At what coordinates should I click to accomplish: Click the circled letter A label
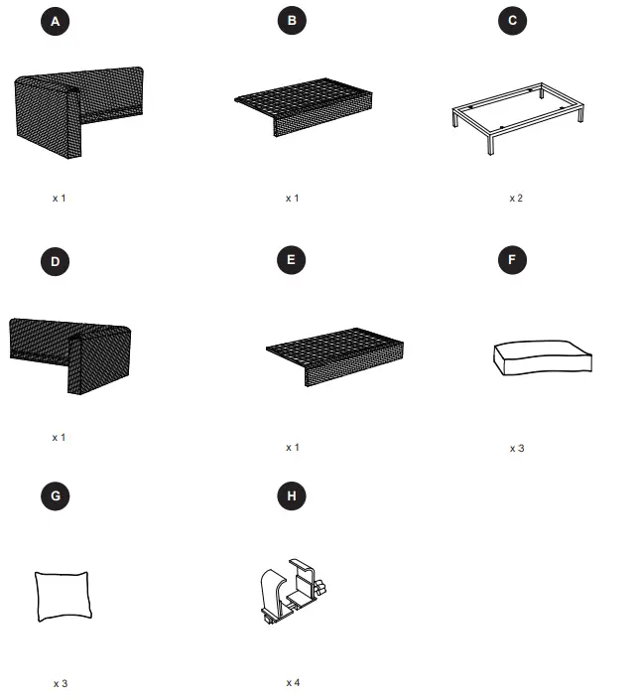click(56, 21)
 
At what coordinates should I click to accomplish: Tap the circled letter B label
click(292, 20)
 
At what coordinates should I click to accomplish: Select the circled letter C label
click(512, 20)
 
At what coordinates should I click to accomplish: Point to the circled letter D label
click(56, 261)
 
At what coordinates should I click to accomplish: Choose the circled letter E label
click(292, 260)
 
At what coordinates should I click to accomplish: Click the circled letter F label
click(512, 260)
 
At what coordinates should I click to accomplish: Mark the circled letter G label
click(56, 495)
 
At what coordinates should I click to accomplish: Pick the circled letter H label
click(292, 495)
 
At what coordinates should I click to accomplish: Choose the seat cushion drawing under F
click(543, 357)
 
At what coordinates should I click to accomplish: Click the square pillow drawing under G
click(63, 596)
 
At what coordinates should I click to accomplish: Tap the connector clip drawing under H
click(292, 592)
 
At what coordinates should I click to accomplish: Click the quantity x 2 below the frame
click(516, 198)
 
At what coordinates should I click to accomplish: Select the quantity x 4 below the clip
click(293, 682)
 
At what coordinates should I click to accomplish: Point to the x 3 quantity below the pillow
click(61, 683)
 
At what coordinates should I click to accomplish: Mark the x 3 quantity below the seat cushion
click(517, 448)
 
